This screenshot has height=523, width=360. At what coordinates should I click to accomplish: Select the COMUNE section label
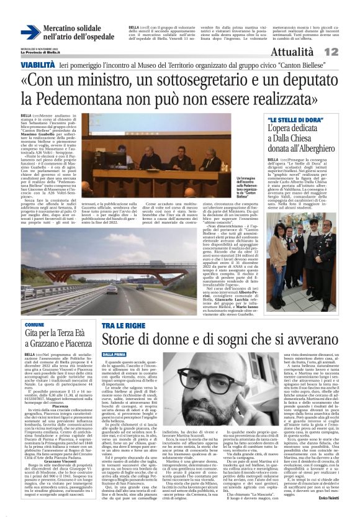(34, 324)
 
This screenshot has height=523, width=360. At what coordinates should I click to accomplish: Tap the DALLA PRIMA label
(115, 353)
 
